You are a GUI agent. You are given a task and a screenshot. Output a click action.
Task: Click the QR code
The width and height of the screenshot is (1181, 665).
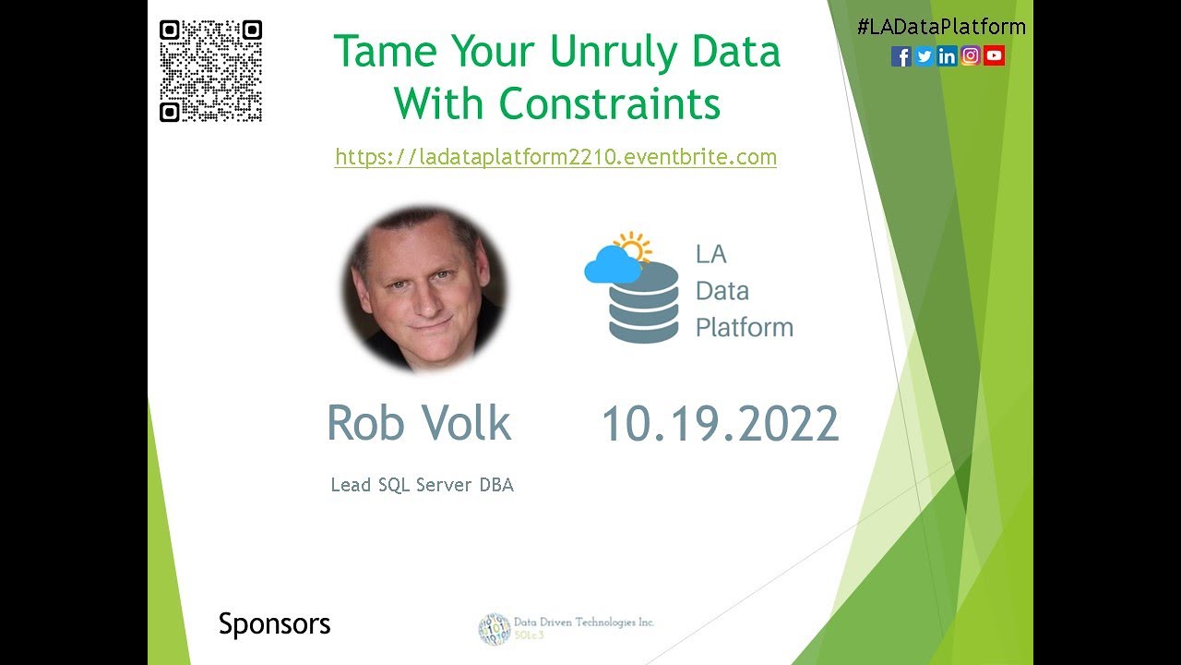(x=210, y=71)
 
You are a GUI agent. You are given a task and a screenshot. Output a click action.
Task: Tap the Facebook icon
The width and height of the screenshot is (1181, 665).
(x=901, y=56)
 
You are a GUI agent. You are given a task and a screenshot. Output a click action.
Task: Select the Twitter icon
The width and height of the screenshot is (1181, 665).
(x=925, y=56)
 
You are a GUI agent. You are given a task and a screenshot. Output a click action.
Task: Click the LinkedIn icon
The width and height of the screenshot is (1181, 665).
(x=948, y=56)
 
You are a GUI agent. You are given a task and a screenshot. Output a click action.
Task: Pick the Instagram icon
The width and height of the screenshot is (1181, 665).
(x=971, y=56)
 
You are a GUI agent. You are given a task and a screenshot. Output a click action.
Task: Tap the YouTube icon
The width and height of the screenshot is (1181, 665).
(x=994, y=56)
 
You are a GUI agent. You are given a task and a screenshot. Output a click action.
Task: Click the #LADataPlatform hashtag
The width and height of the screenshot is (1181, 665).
(x=941, y=27)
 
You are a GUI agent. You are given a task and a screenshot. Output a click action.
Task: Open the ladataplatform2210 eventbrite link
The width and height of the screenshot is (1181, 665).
(x=555, y=157)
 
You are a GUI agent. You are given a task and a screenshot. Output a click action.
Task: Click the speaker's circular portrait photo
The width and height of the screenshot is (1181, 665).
(x=423, y=288)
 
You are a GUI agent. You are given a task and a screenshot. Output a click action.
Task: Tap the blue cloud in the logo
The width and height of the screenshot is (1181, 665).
(x=612, y=265)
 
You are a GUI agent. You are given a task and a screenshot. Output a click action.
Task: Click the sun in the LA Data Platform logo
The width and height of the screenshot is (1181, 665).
(x=635, y=246)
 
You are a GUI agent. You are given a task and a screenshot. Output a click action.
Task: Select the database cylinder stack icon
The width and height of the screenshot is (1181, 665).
(x=643, y=304)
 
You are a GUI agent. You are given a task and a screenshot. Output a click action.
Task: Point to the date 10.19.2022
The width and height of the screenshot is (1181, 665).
(x=720, y=425)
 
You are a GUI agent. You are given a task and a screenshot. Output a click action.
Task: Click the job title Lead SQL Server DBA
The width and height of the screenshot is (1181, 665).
(x=422, y=485)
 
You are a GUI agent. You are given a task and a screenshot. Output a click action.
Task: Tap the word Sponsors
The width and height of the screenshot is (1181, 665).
(x=274, y=624)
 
